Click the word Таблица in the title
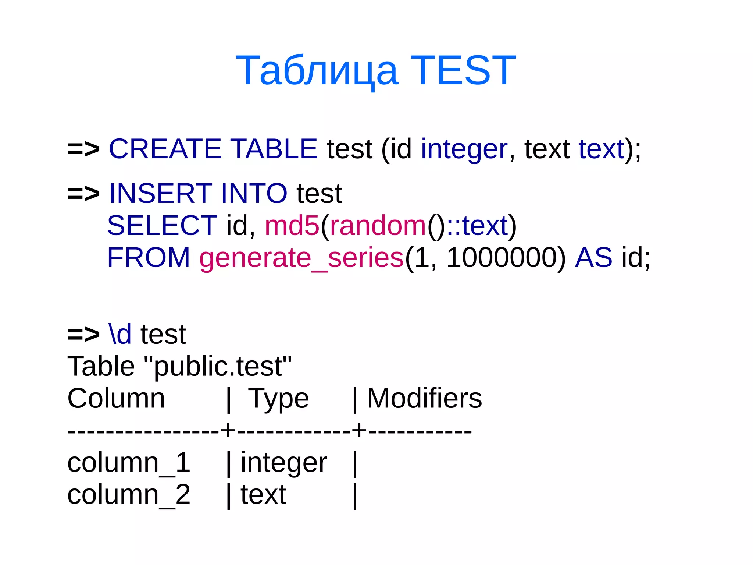tap(317, 70)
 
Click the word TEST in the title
tap(463, 70)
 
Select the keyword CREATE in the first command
tap(165, 149)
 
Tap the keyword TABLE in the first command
tap(274, 149)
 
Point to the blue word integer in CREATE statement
tap(464, 149)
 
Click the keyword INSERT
tap(161, 193)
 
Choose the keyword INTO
tap(254, 193)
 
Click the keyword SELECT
tap(162, 225)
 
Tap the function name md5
tap(292, 225)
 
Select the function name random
tap(378, 225)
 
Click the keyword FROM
tap(149, 257)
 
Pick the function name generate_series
tap(301, 258)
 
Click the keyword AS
tap(593, 257)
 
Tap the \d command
tap(120, 334)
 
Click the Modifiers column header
tap(425, 398)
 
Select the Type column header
tap(278, 399)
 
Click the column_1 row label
tap(129, 463)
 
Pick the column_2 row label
tap(129, 494)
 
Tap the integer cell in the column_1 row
tap(283, 463)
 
